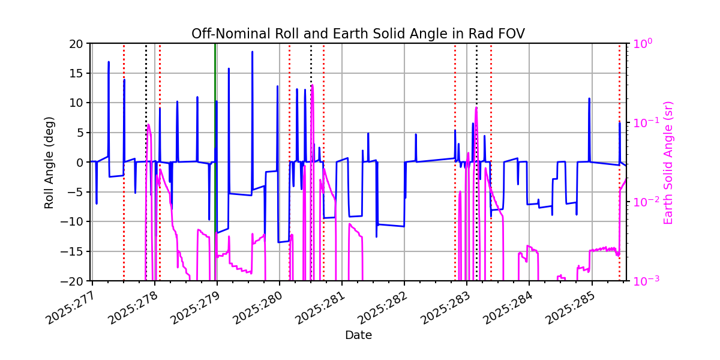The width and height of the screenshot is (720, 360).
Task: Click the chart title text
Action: pyautogui.click(x=358, y=34)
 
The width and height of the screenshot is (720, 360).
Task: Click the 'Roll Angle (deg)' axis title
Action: pyautogui.click(x=50, y=162)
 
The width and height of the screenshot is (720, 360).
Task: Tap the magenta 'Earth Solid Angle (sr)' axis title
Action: pyautogui.click(x=668, y=162)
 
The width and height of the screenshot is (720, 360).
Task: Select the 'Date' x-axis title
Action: pyautogui.click(x=358, y=335)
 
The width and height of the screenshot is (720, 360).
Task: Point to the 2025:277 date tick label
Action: pyautogui.click(x=68, y=308)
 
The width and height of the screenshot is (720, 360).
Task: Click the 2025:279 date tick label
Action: pyautogui.click(x=193, y=308)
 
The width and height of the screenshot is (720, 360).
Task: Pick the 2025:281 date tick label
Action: pyautogui.click(x=318, y=308)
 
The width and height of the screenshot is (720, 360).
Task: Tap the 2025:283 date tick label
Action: pyautogui.click(x=443, y=308)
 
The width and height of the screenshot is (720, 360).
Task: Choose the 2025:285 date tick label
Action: pyautogui.click(x=568, y=308)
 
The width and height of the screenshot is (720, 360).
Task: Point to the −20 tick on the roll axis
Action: pyautogui.click(x=74, y=281)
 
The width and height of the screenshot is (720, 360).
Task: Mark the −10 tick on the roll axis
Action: pyautogui.click(x=74, y=221)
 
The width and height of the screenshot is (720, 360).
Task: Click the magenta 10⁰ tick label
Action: pyautogui.click(x=640, y=43)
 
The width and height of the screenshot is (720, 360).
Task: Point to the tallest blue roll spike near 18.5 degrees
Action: pyautogui.click(x=252, y=52)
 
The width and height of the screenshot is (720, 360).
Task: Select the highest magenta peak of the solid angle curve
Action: pyautogui.click(x=312, y=85)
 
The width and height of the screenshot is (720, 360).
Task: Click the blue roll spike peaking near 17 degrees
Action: pyautogui.click(x=109, y=62)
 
